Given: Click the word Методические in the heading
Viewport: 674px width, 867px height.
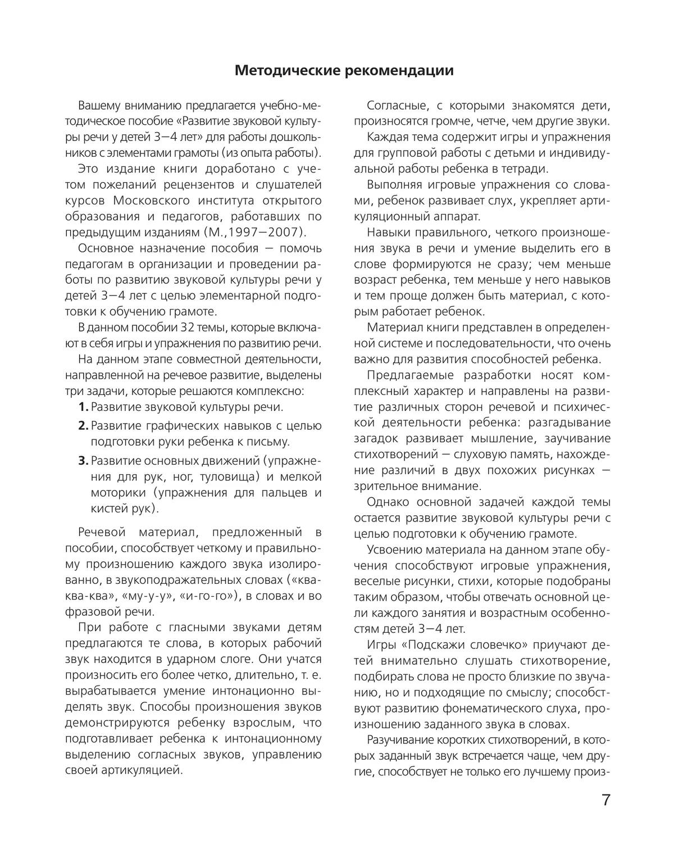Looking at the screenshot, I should click(280, 71).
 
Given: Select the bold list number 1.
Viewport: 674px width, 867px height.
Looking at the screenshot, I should click(83, 407).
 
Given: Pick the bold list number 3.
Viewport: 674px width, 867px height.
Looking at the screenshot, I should click(83, 461).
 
